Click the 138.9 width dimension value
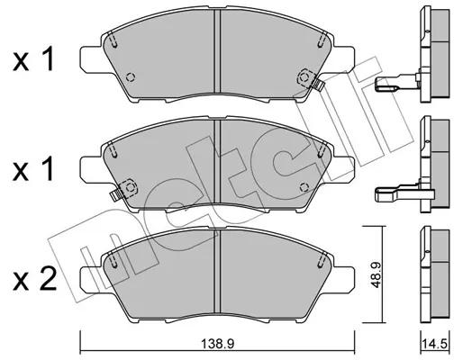217,344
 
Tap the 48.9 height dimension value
376,274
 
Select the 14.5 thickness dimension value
435,344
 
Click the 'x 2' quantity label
34,280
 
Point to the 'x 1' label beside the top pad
33,58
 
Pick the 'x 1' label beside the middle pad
33,169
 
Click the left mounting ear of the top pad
91,59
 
